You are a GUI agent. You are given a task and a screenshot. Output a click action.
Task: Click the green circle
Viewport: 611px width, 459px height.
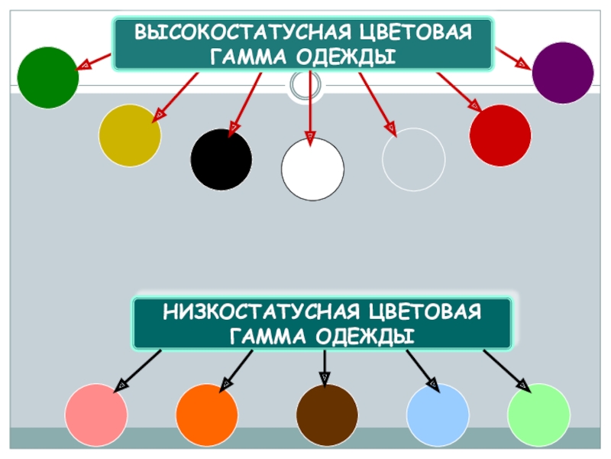click(48, 76)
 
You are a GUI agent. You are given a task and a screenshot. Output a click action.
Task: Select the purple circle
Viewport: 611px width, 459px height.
click(563, 73)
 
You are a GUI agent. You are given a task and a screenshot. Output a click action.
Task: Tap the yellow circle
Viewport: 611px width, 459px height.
click(130, 135)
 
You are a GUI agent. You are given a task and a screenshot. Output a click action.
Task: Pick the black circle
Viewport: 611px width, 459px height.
click(221, 159)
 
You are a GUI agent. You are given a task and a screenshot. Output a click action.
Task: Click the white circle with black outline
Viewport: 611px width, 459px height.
click(312, 169)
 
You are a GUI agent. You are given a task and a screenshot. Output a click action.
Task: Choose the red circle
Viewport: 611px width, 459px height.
click(500, 135)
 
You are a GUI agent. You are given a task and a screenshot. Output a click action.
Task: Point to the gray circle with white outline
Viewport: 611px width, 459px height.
click(413, 159)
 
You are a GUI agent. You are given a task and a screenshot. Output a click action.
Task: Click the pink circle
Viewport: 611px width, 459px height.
click(95, 415)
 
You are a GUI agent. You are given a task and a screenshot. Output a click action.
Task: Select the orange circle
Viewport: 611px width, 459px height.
click(207, 415)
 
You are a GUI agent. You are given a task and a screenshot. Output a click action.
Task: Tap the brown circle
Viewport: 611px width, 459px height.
click(327, 415)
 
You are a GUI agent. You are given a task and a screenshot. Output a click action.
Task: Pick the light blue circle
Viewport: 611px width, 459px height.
click(438, 415)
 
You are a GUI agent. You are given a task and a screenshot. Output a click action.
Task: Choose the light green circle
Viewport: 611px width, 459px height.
click(538, 415)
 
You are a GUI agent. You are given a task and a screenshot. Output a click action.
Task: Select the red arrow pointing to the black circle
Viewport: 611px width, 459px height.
click(247, 99)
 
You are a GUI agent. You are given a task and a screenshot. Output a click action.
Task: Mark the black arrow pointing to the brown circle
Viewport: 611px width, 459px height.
click(325, 367)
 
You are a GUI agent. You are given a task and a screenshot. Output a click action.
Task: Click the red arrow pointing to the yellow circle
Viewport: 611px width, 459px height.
click(177, 96)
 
